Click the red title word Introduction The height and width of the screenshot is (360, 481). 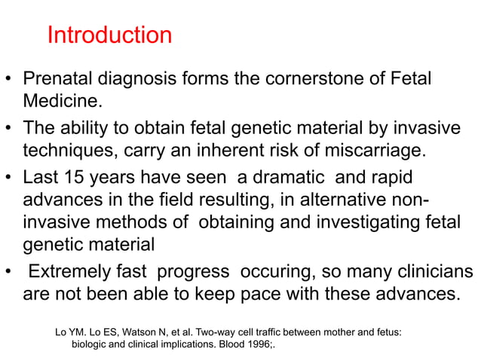click(109, 35)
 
